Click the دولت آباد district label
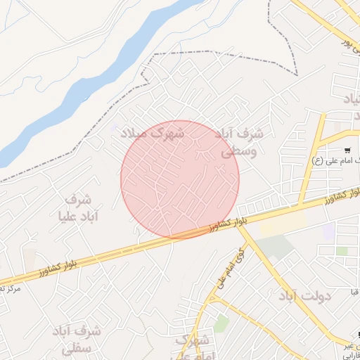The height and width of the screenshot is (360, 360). click(304, 296)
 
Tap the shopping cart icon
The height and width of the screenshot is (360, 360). click(347, 150)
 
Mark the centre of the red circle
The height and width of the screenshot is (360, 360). click(180, 180)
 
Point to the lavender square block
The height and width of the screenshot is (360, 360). click(329, 231)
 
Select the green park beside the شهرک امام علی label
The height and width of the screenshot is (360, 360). click(222, 323)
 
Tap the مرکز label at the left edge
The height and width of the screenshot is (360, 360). click(10, 288)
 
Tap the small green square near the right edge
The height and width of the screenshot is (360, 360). click(342, 250)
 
